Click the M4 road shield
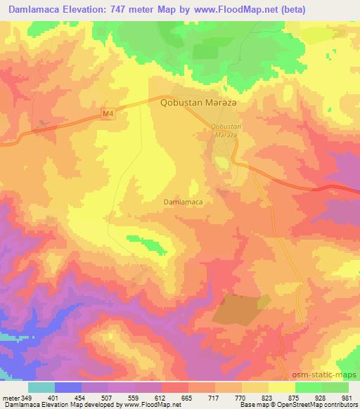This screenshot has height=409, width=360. pos(106,112)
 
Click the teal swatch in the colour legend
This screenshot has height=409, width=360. pos(41,387)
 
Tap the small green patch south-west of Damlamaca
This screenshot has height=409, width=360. pos(150,244)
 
